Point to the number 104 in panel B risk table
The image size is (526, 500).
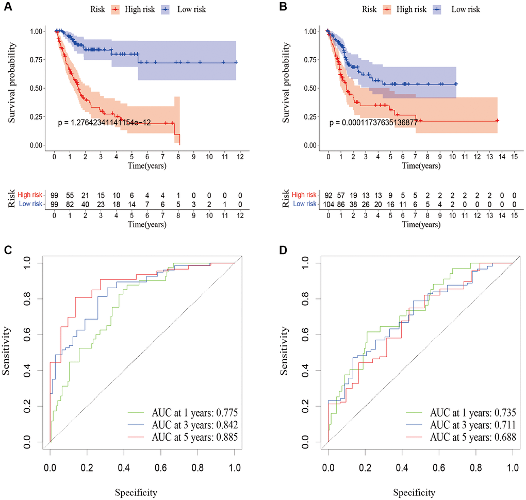[328, 205]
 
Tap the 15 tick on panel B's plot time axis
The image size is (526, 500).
[514, 156]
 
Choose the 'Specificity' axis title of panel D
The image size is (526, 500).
[420, 490]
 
